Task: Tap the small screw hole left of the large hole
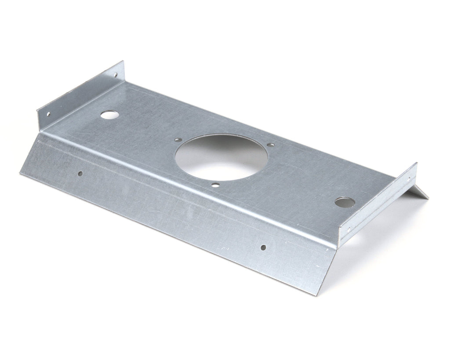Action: tap(177, 139)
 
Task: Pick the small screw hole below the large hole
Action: tap(215, 185)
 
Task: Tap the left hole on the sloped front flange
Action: tap(80, 173)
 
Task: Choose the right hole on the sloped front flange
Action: tap(263, 247)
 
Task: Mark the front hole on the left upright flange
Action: tap(48, 114)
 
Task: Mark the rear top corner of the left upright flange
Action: tap(123, 62)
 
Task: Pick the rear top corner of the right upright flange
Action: tap(416, 163)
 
